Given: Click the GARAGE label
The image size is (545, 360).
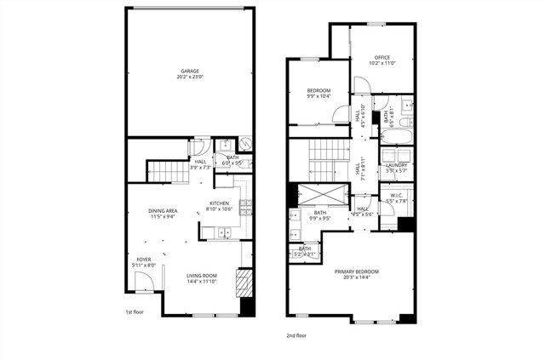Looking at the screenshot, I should pos(190,71).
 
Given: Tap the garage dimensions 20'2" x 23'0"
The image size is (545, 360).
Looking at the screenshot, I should pos(190,77).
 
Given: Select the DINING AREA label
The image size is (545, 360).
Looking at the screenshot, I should pos(163,210).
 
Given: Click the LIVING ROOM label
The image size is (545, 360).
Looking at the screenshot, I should pos(203,275).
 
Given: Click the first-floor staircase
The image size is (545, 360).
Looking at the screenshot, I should pos(168,172).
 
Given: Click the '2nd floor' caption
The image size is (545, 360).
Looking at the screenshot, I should pos(296,336).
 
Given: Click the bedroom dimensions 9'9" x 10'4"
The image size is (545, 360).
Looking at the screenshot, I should pos(319,96).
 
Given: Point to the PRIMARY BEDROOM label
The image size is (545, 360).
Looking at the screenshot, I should pos(355,271).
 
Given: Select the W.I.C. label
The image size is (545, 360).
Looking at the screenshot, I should pos(396,196).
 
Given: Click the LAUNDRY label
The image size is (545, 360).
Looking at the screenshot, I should pos(397,166).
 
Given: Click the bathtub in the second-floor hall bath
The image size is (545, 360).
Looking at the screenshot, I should pos(397,138).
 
